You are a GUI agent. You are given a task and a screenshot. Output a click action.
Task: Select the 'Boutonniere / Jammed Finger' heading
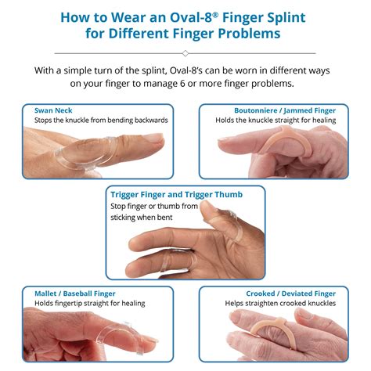(285, 110)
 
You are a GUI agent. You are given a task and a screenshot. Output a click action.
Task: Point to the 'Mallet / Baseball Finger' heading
(75, 294)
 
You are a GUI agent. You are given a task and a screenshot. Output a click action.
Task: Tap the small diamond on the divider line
(185, 53)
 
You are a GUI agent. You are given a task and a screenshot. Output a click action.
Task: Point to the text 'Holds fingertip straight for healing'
(89, 304)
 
